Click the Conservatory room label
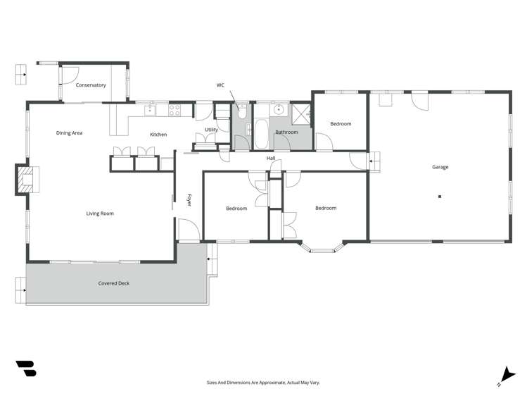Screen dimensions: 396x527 pyautogui.click(x=91, y=85)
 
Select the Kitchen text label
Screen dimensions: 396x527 pyautogui.click(x=158, y=134)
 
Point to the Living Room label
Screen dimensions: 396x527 pyautogui.click(x=100, y=214)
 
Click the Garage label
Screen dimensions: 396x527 pyautogui.click(x=440, y=167)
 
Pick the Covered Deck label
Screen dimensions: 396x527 pyautogui.click(x=113, y=283)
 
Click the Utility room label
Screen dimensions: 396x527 pyautogui.click(x=211, y=130)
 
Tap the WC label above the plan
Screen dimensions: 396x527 pyautogui.click(x=220, y=85)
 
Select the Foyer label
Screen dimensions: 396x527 pyautogui.click(x=189, y=199)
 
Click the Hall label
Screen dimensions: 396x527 pyautogui.click(x=271, y=158)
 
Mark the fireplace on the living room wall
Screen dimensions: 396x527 pyautogui.click(x=29, y=179)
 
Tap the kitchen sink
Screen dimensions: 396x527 pyautogui.click(x=151, y=109)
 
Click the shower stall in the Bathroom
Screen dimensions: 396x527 pyautogui.click(x=300, y=114)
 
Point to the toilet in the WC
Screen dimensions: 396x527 pyautogui.click(x=241, y=111)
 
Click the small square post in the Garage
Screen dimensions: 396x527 pyautogui.click(x=440, y=197)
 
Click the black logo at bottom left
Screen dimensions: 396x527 pyautogui.click(x=26, y=369)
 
